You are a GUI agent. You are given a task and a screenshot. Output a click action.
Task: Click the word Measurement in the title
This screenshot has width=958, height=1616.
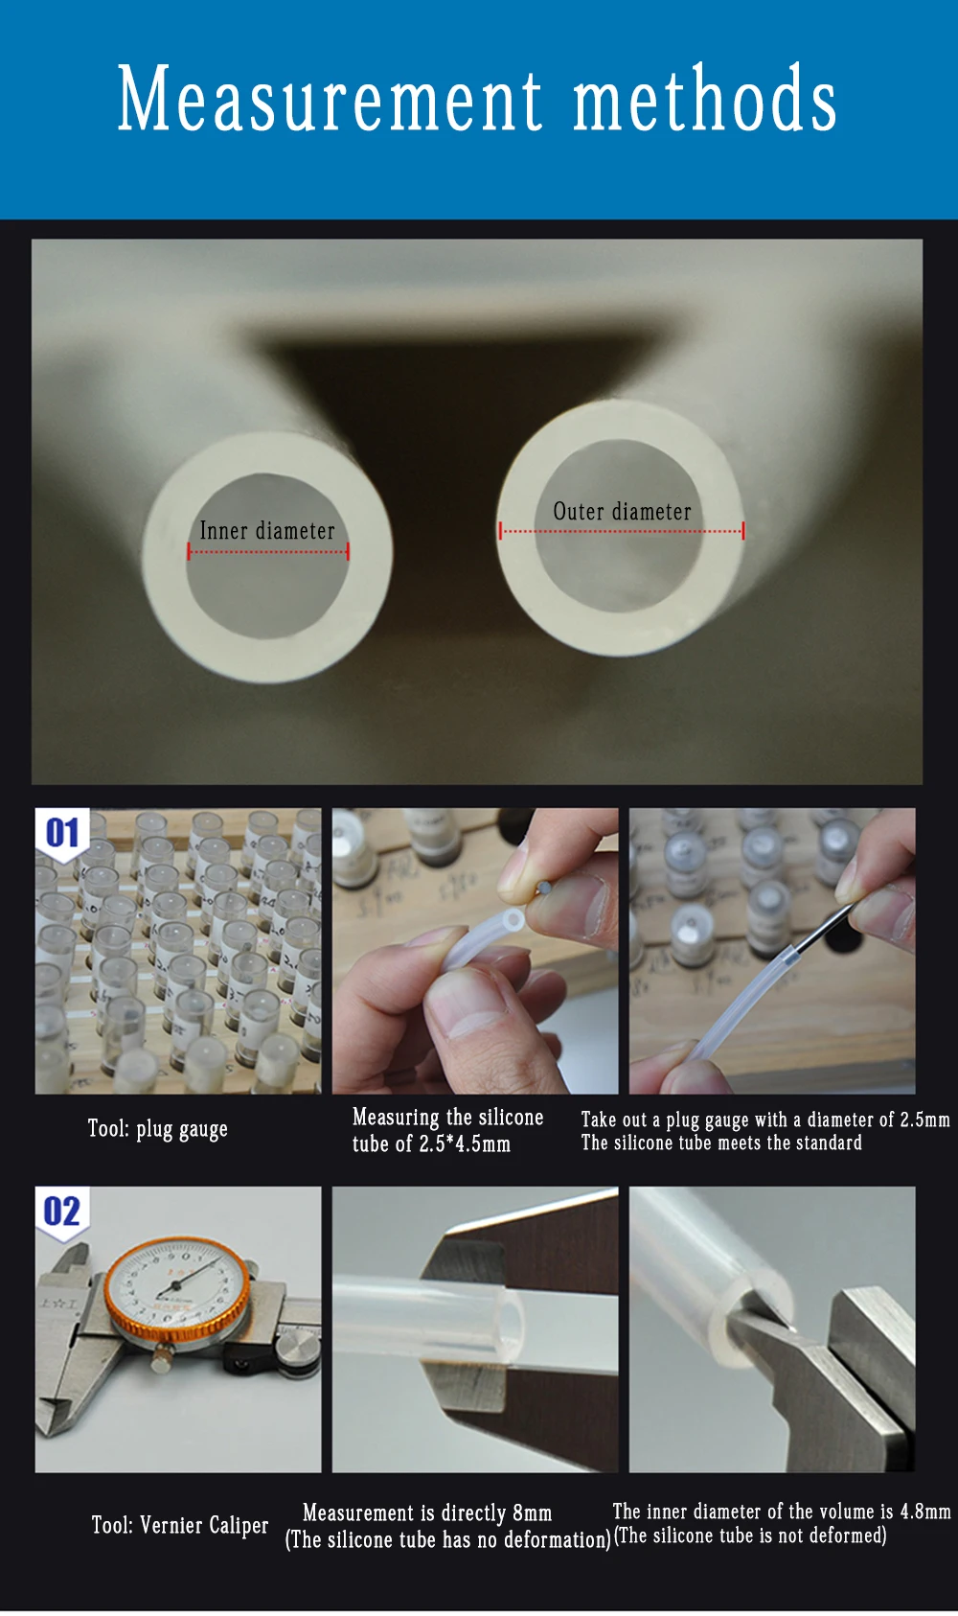coord(330,98)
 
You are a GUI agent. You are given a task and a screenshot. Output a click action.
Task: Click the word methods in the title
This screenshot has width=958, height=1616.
coord(705,98)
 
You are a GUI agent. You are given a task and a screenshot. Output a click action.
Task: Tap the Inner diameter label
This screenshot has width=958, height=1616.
coord(267,531)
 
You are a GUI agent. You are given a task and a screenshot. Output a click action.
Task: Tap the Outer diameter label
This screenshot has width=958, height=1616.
coord(622,512)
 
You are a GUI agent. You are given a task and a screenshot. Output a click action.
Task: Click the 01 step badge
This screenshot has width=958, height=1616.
coord(62,833)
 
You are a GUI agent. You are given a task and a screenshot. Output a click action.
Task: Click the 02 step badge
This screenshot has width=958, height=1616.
coord(62,1212)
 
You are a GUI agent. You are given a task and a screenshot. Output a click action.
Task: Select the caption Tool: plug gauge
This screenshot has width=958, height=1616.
coord(158,1129)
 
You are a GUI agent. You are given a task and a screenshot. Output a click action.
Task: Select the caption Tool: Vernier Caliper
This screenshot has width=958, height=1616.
coord(180,1524)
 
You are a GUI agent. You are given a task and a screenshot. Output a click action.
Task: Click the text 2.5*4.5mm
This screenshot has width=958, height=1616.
coord(465,1144)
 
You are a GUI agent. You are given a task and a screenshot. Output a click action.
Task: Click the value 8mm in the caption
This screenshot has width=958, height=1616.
coord(532,1512)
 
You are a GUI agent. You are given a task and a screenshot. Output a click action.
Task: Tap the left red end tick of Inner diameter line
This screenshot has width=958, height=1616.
coord(189,552)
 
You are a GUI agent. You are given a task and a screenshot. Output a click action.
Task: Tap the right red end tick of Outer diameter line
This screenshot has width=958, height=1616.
coord(743,531)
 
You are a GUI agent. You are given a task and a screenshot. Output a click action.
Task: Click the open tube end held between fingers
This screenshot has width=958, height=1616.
coord(513,921)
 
